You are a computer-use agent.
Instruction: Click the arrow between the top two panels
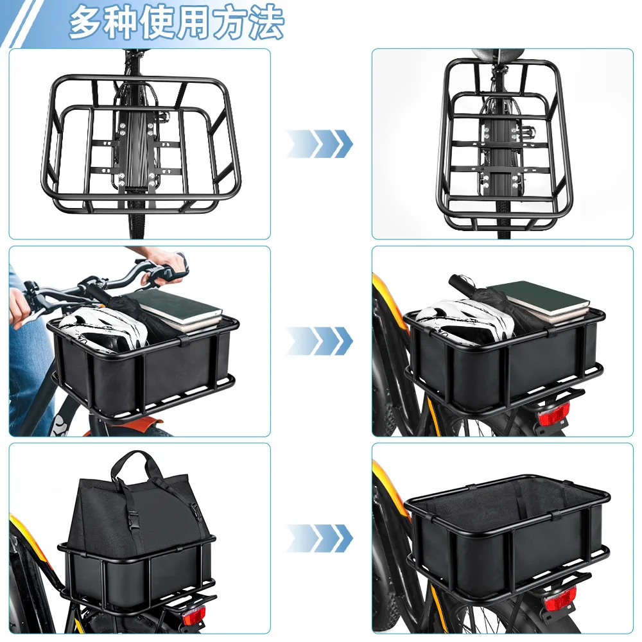[320, 144]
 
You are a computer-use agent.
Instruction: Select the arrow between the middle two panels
[320, 341]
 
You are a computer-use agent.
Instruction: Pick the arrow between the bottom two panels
[320, 537]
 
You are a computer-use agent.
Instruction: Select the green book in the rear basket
[540, 299]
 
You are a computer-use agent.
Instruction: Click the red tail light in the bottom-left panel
[193, 616]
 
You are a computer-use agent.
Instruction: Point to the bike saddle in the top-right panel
[498, 54]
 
